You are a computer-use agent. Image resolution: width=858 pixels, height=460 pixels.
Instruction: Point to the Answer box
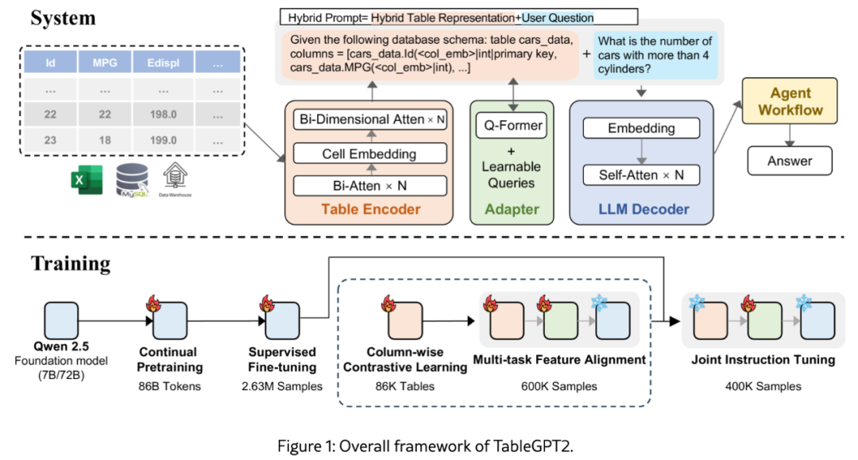[x=789, y=161]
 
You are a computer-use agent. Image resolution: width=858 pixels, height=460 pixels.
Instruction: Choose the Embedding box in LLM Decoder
[x=641, y=127]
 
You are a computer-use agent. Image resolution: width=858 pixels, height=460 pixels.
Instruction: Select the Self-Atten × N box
[x=641, y=175]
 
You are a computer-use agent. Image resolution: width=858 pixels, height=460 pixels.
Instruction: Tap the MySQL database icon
[x=131, y=180]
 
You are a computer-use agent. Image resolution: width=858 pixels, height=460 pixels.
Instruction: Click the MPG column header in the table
[x=104, y=61]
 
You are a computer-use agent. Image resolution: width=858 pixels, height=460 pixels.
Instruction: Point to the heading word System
[x=63, y=17]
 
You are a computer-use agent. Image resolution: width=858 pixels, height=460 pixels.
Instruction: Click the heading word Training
[x=71, y=262]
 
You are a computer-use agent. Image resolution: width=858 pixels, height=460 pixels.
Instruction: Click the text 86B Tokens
[x=170, y=387]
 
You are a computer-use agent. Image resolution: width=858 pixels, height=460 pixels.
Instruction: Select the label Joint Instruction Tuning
[x=763, y=360]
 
